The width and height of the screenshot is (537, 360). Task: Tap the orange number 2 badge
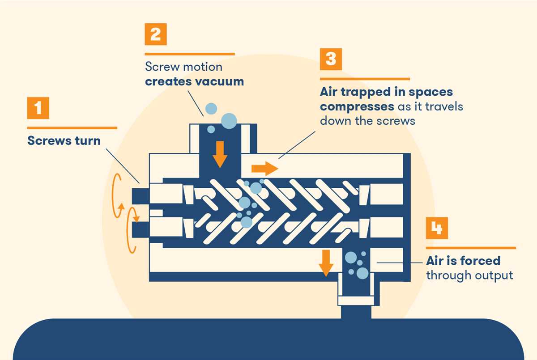pos(155,34)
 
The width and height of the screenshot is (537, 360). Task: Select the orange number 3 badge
pos(331,59)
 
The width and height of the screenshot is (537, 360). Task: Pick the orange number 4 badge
pos(437,228)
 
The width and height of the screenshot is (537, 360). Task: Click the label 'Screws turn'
pos(64,140)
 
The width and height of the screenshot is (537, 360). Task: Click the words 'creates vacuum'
pos(194,81)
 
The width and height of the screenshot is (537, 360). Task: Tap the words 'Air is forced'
pos(463,260)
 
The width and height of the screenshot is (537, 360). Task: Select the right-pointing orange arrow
pos(264,169)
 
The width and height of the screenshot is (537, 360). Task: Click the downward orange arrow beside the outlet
pos(326,263)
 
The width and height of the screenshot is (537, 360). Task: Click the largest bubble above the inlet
pos(229,120)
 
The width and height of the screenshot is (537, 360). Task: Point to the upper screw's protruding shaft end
pos(141,195)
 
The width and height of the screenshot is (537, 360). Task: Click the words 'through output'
pos(469,275)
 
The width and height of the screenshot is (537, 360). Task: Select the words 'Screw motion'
pos(183,67)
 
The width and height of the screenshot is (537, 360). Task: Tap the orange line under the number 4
pos(470,247)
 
